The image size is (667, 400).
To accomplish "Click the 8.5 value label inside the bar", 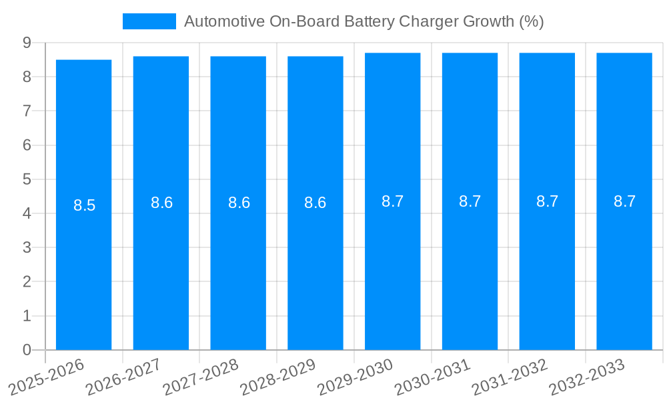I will pyautogui.click(x=85, y=205).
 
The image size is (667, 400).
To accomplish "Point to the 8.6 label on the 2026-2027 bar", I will pyautogui.click(x=161, y=203).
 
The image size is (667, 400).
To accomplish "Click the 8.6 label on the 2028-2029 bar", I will pyautogui.click(x=315, y=203).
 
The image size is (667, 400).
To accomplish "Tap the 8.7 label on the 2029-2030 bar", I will pyautogui.click(x=393, y=201).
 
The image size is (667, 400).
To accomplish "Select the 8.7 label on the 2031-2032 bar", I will pyautogui.click(x=547, y=201).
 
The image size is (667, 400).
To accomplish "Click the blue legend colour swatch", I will pyautogui.click(x=149, y=21).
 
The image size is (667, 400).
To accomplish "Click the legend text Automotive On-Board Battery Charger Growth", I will pyautogui.click(x=364, y=21).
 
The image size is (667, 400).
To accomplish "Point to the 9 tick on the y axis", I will pyautogui.click(x=27, y=43).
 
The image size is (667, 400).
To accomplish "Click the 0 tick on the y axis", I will pyautogui.click(x=27, y=350).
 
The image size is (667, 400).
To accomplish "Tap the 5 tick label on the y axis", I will pyautogui.click(x=27, y=179).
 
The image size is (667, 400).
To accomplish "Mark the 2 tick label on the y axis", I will pyautogui.click(x=27, y=282).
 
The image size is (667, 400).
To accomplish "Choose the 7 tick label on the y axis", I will pyautogui.click(x=27, y=111).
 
